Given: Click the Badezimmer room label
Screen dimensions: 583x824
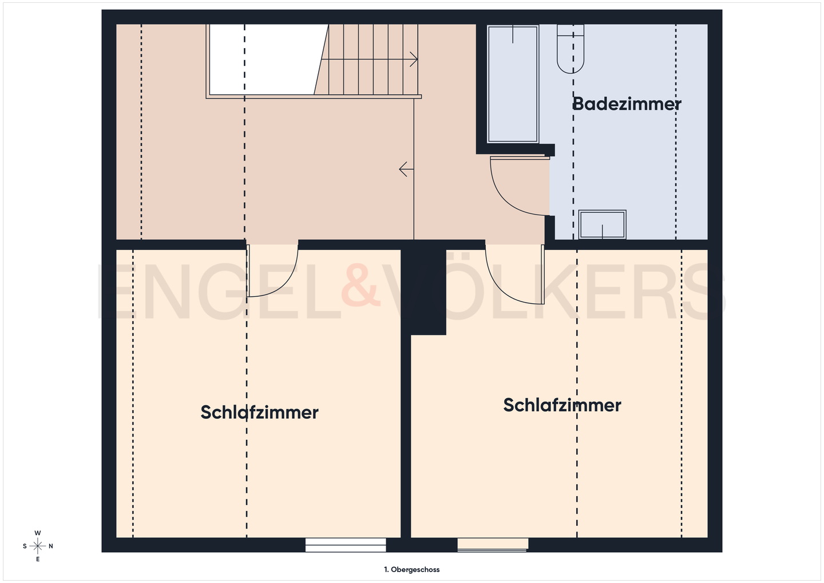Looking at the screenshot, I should [627, 104].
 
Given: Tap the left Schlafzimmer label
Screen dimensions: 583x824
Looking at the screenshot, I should [259, 412].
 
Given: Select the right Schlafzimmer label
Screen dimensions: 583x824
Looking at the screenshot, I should [562, 405].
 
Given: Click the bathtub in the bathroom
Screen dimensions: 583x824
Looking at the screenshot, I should [513, 84].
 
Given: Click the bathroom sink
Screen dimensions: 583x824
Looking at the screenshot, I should [602, 224].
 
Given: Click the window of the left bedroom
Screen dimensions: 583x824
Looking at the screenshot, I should [346, 545].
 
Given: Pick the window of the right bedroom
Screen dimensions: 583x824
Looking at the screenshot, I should [493, 544].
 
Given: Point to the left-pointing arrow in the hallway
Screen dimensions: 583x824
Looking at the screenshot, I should [406, 169].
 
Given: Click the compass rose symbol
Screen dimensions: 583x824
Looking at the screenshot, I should [38, 546].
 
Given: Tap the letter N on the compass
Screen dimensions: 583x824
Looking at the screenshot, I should [51, 546].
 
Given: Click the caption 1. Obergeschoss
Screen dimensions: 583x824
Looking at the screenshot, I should [412, 569].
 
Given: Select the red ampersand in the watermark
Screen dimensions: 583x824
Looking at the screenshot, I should [360, 285].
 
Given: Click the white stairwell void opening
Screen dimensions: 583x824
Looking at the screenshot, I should [263, 59].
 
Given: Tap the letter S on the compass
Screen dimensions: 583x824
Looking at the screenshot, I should [25, 546].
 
